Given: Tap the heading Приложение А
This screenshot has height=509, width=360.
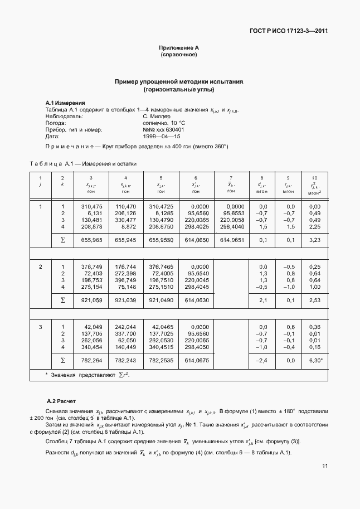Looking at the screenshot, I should pyautogui.click(x=179, y=49).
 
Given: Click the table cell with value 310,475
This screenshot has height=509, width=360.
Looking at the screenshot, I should pyautogui.click(x=92, y=207).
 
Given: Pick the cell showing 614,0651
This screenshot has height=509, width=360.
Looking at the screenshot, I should pyautogui.click(x=231, y=240).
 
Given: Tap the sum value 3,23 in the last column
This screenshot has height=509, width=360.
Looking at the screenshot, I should pyautogui.click(x=315, y=240).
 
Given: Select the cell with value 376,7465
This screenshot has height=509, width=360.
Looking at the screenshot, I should pyautogui.click(x=160, y=266).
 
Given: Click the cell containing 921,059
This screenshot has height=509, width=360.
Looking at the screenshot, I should pyautogui.click(x=92, y=300).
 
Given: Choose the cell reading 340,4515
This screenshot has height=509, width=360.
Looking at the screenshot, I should pyautogui.click(x=160, y=347).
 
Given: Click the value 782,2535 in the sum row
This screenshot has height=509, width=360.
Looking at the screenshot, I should pyautogui.click(x=160, y=360).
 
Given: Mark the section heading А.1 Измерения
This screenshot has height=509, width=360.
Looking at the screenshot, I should pyautogui.click(x=65, y=103).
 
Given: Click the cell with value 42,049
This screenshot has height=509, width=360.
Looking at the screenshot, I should pyautogui.click(x=94, y=327).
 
